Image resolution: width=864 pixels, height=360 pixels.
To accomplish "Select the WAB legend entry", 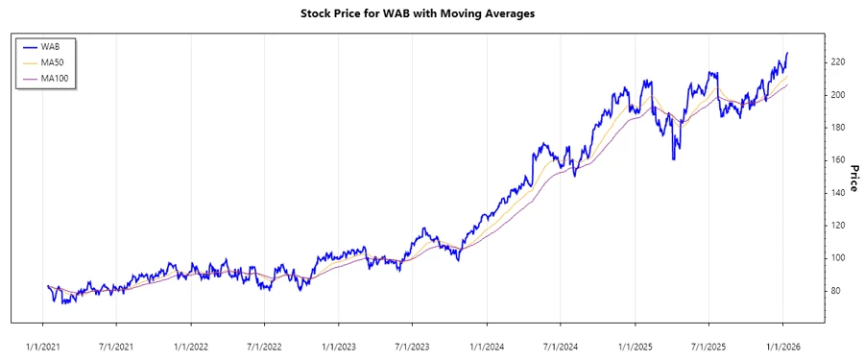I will click(50, 46).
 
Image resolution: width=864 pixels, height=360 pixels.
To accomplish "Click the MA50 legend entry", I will click(52, 62).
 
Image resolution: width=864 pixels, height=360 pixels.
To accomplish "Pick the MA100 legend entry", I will click(54, 79).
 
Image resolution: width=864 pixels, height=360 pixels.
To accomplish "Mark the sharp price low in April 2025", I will click(675, 158).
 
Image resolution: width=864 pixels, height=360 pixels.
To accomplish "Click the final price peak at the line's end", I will click(787, 53).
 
